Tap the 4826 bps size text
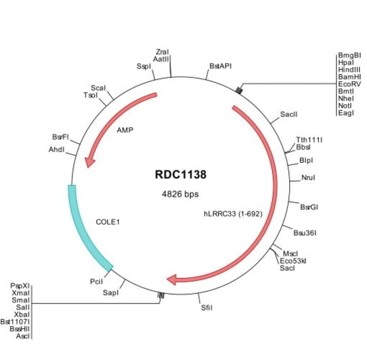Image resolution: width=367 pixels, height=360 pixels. [180, 194]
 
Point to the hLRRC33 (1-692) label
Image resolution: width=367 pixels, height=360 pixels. [233, 214]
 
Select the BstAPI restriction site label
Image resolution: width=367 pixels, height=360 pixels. [220, 66]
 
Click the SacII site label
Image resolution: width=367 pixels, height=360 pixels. [289, 114]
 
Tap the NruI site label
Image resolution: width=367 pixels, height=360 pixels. [308, 177]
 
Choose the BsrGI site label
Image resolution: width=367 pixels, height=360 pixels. [309, 207]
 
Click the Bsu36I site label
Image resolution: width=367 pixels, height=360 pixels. [305, 232]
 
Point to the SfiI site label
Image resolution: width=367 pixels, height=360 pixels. [207, 308]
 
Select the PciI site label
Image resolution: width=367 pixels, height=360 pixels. [96, 280]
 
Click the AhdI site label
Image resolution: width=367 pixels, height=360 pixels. [56, 150]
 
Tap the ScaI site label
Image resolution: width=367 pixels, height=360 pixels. [98, 88]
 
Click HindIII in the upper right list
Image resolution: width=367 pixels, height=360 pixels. [349, 70]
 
